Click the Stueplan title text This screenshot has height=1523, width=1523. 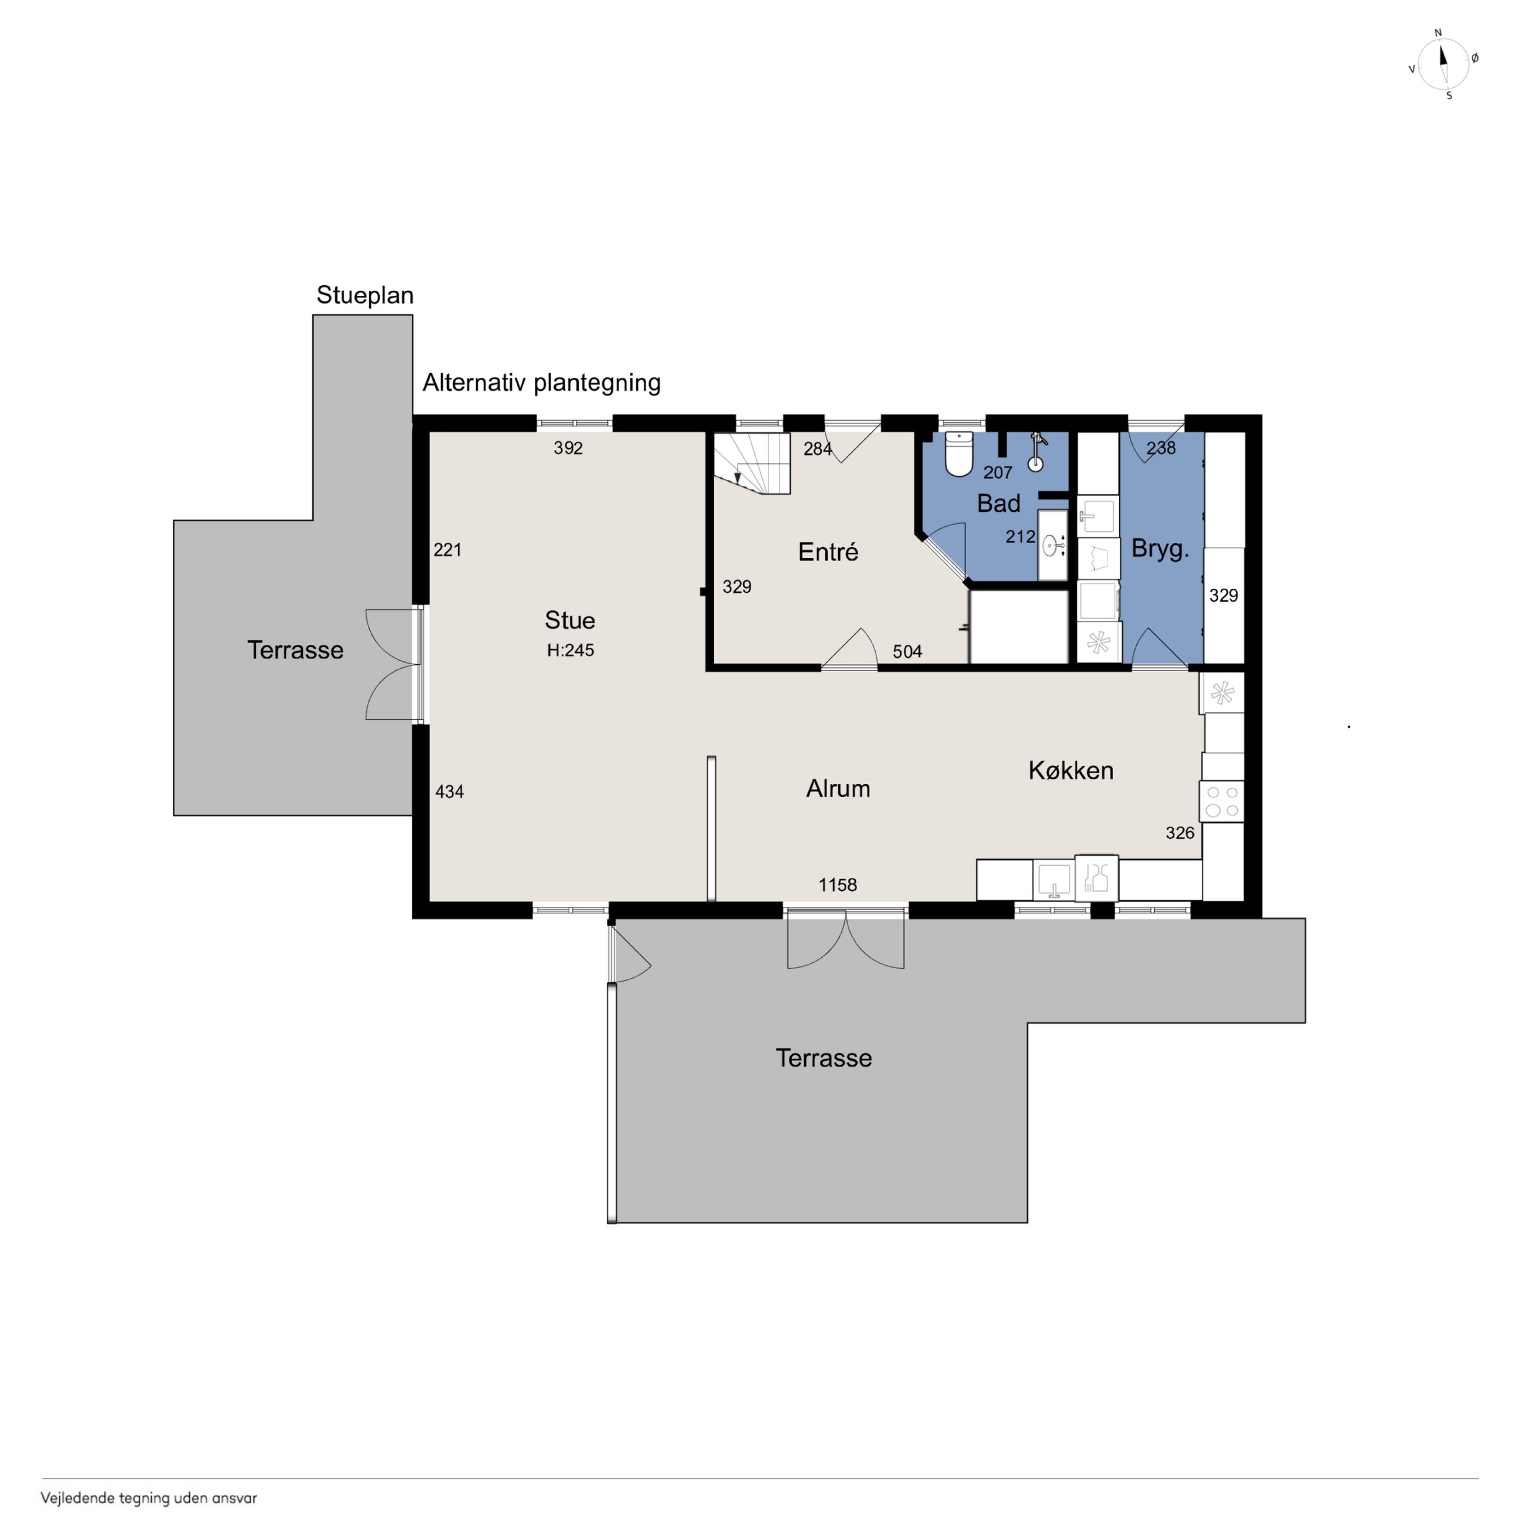(x=365, y=295)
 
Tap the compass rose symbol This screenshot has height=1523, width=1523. (x=1443, y=64)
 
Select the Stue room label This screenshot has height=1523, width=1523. (x=570, y=620)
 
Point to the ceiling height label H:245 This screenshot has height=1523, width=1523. (x=571, y=650)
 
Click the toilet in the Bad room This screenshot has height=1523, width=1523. (x=958, y=453)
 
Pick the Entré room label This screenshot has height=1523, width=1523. (x=828, y=552)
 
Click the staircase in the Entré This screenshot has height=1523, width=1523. (x=752, y=463)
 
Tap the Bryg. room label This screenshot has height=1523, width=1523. (x=1160, y=549)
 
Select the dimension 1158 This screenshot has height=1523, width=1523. (x=837, y=885)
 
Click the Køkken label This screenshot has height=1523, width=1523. (x=1071, y=770)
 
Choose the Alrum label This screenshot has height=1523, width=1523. (x=838, y=788)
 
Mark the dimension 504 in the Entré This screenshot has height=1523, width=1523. (x=907, y=651)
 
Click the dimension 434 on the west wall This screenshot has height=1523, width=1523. (x=449, y=791)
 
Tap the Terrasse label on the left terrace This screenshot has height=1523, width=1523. (x=296, y=650)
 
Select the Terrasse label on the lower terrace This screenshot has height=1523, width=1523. (x=824, y=1058)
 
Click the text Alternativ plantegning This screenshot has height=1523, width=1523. (x=542, y=383)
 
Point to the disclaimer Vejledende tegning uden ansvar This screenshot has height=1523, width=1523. (x=149, y=1498)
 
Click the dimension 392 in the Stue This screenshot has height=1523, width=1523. (x=568, y=448)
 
